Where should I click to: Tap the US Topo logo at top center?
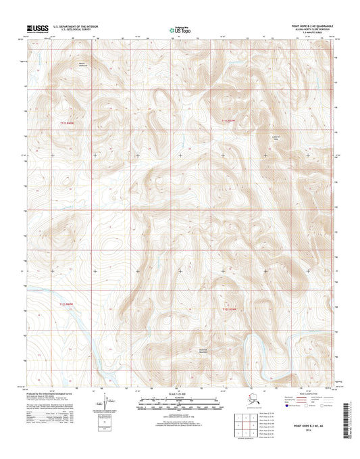178,30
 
